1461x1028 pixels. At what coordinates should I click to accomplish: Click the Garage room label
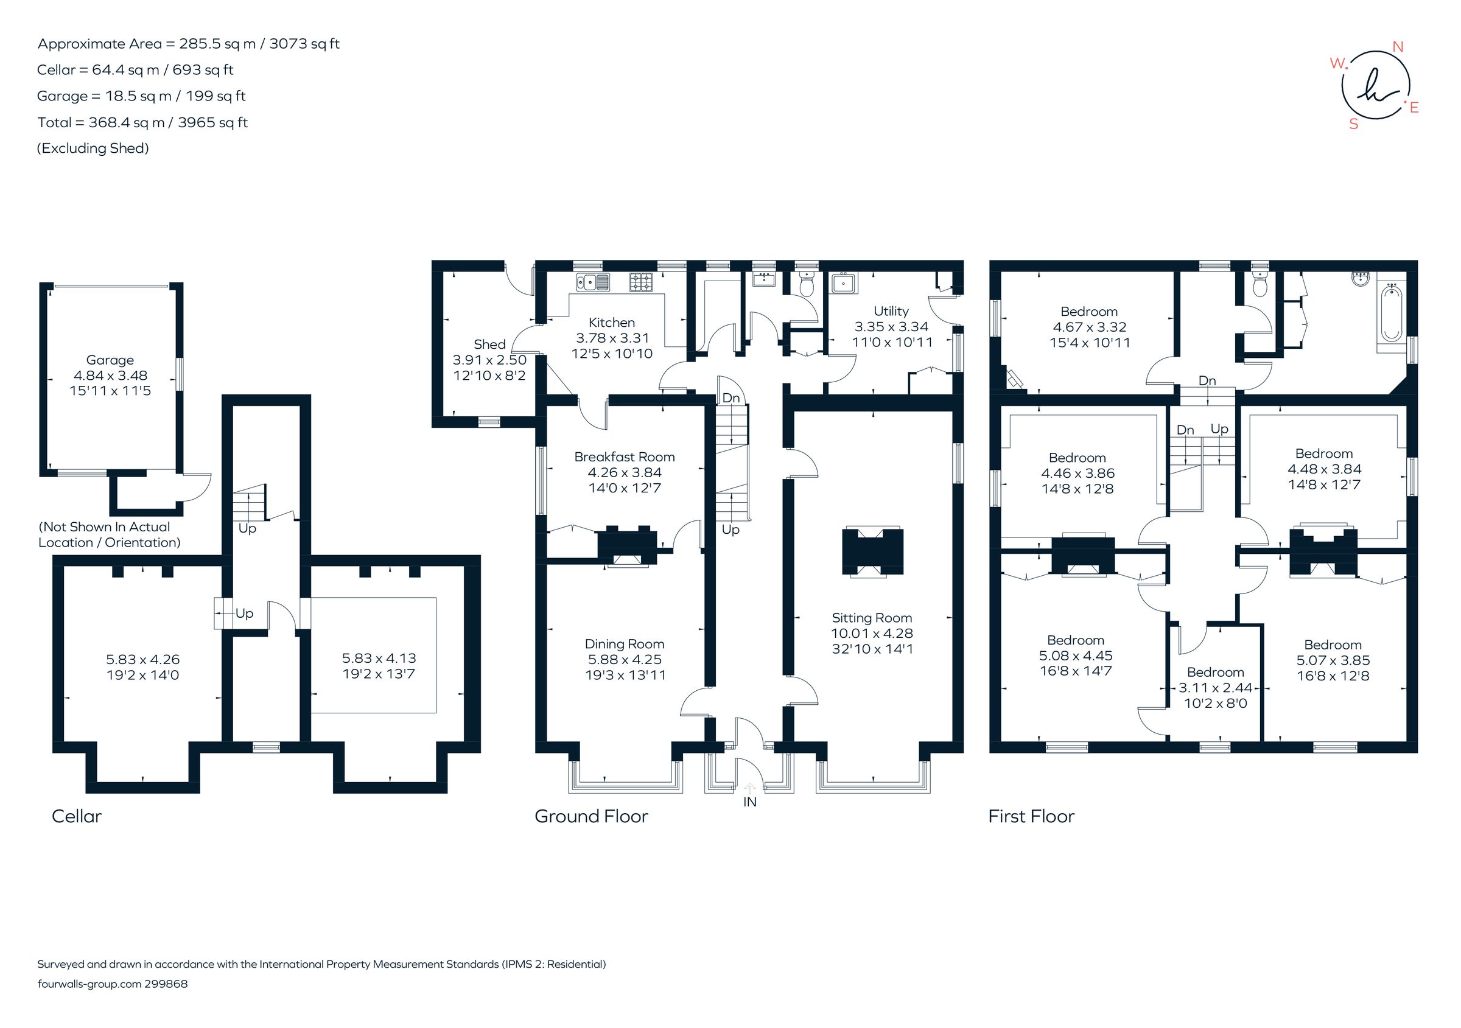(110, 360)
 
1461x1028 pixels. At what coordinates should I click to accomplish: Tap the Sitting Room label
(872, 618)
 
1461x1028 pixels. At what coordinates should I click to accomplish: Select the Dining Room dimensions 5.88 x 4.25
(624, 660)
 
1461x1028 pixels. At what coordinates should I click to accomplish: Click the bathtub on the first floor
(1391, 313)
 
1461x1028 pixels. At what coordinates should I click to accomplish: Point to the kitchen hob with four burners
(642, 282)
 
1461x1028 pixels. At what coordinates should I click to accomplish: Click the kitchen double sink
(593, 282)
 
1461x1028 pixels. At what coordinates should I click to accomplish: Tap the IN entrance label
(749, 802)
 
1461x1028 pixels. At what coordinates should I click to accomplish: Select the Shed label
(489, 344)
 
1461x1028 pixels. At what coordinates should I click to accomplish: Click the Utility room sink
(844, 282)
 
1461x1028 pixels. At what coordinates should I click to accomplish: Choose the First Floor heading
(1031, 816)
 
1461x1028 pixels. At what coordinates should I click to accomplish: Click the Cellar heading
(76, 816)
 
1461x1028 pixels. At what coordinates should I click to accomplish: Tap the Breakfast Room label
(624, 456)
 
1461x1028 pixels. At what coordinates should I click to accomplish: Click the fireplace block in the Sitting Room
(872, 551)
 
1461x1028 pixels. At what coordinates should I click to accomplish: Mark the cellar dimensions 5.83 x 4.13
(379, 659)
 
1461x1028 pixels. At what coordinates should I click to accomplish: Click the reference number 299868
(166, 984)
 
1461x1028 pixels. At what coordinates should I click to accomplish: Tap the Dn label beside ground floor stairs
(731, 398)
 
